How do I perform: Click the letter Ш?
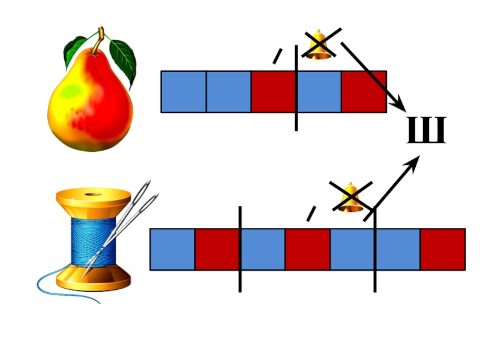click(x=427, y=131)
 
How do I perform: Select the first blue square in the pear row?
click(x=184, y=92)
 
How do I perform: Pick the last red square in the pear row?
click(x=364, y=92)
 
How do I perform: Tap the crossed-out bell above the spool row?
click(x=352, y=196)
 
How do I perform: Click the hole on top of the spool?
click(x=92, y=194)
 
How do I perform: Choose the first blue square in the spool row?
click(x=172, y=249)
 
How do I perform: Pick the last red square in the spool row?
click(x=442, y=249)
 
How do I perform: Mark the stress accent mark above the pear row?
click(x=277, y=56)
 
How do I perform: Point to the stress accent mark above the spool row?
click(x=311, y=213)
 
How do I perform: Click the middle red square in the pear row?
click(x=274, y=92)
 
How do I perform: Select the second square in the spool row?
click(x=217, y=249)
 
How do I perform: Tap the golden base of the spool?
click(x=94, y=280)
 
